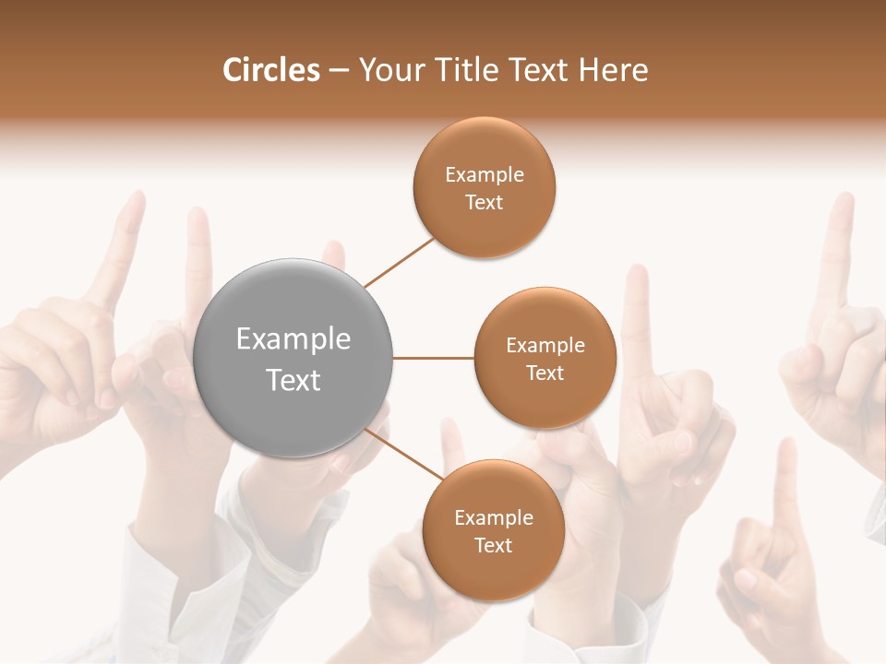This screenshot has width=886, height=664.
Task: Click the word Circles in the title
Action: tap(270, 70)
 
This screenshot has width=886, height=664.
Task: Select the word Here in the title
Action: tap(614, 70)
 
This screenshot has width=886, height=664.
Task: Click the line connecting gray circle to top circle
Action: tap(399, 263)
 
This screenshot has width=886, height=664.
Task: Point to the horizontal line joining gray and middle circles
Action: tap(434, 358)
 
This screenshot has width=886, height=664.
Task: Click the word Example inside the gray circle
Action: tap(293, 339)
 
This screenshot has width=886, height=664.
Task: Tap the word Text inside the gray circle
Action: tap(293, 380)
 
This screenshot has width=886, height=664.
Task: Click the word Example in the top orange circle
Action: tap(485, 175)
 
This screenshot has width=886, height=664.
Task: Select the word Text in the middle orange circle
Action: tap(545, 373)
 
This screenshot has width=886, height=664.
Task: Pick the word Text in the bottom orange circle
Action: tap(493, 546)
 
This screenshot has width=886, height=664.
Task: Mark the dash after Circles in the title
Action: tap(339, 71)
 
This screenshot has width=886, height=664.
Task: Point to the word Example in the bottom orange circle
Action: tap(494, 518)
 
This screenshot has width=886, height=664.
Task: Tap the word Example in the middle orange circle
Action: tap(545, 346)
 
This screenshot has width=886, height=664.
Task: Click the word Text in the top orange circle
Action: tap(484, 203)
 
